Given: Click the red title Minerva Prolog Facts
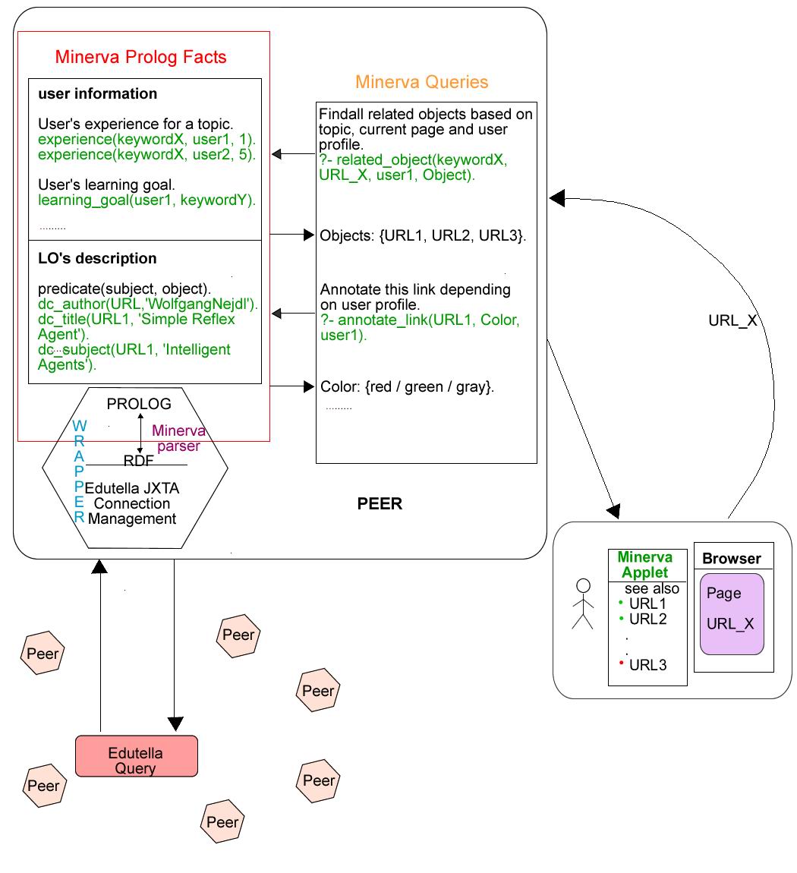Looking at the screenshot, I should pyautogui.click(x=140, y=57).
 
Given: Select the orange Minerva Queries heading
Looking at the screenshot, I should pyautogui.click(x=422, y=82).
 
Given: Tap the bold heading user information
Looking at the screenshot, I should pyautogui.click(x=98, y=94).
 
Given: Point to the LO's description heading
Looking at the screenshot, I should pyautogui.click(x=97, y=258).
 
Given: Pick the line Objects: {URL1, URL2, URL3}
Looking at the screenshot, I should pyautogui.click(x=423, y=235).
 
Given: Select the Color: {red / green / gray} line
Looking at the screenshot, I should pyautogui.click(x=408, y=386).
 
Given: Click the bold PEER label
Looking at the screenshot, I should pyautogui.click(x=380, y=504).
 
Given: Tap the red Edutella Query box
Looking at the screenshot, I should pyautogui.click(x=136, y=761).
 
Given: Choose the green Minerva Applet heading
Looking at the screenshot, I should pyautogui.click(x=645, y=565).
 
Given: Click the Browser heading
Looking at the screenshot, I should pyautogui.click(x=731, y=559).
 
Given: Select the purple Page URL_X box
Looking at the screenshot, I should pyautogui.click(x=731, y=614).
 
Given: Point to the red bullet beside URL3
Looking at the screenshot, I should pyautogui.click(x=621, y=663).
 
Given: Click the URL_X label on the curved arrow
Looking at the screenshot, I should pyautogui.click(x=732, y=320).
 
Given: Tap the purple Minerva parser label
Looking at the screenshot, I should pyautogui.click(x=178, y=439).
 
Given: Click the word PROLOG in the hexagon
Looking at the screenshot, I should pyautogui.click(x=139, y=404).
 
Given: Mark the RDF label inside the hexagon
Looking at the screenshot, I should pyautogui.click(x=138, y=460).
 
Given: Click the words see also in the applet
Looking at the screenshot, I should pyautogui.click(x=651, y=588).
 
